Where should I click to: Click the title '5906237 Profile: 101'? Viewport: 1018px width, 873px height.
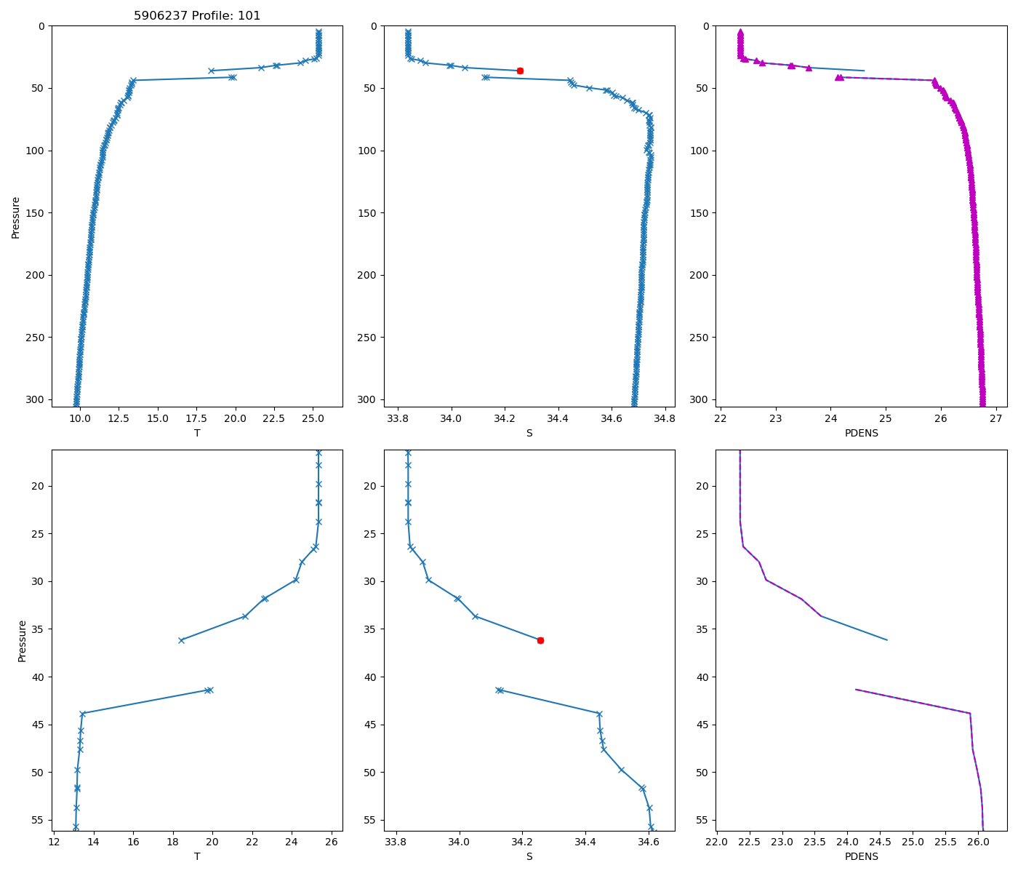pos(197,15)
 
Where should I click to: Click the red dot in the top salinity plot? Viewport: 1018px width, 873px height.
pos(520,71)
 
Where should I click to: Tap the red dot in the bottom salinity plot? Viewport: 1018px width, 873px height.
pos(540,640)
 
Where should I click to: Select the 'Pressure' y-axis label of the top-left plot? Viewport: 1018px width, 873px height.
pos(15,217)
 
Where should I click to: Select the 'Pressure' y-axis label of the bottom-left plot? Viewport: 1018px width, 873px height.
pos(22,640)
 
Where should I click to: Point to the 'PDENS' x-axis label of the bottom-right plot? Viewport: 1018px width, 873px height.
pos(861,856)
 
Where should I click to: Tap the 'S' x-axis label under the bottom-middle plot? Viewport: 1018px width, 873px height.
pos(529,856)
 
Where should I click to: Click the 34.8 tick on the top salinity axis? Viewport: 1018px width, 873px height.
pos(665,418)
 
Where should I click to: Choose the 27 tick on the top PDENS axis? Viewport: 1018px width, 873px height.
pos(995,418)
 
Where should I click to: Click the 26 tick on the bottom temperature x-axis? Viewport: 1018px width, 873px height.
pos(332,842)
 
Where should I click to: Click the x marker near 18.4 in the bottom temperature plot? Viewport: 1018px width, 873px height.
pos(181,640)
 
